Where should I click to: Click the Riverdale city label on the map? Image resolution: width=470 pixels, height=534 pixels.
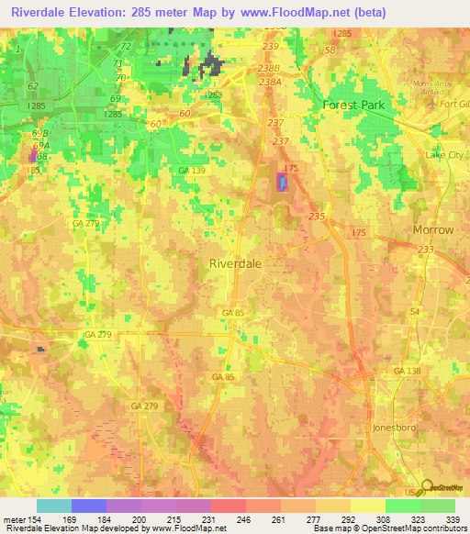236,262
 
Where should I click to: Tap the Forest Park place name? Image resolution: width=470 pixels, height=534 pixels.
353,105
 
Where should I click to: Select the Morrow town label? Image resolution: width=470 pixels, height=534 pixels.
433,229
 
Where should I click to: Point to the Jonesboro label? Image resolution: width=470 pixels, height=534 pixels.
397,428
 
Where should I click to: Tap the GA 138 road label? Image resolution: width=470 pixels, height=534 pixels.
407,369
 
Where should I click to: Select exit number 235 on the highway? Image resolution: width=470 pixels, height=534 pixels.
318,216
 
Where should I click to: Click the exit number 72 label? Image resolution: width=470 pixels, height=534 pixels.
126,46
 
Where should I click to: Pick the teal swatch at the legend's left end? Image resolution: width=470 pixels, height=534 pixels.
54,506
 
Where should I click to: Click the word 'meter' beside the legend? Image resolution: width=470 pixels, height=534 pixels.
14,520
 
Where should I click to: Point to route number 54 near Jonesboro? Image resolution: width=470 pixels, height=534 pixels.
414,313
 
